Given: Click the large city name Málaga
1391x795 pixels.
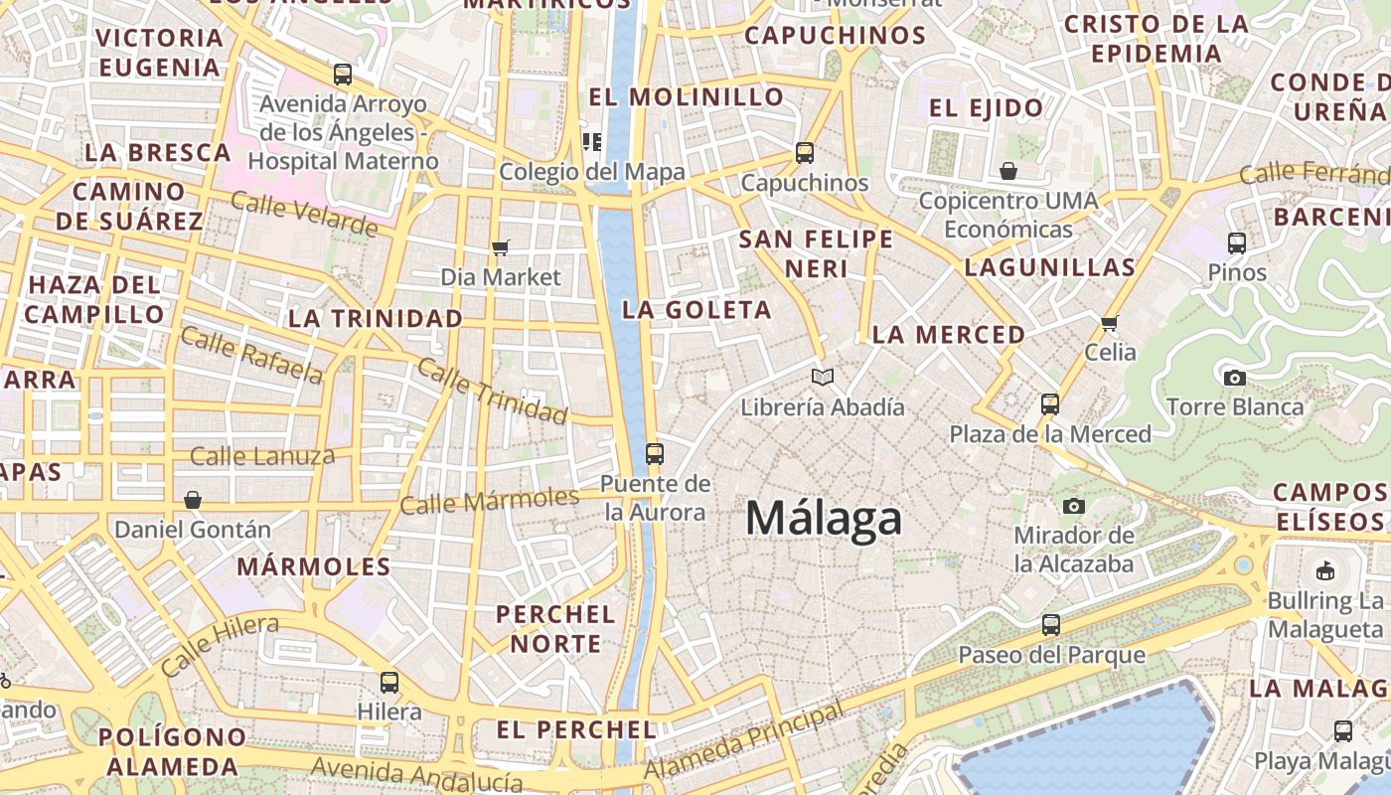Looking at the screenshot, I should pyautogui.click(x=824, y=519).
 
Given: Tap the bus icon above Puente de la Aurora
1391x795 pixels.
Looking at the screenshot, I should pyautogui.click(x=654, y=454).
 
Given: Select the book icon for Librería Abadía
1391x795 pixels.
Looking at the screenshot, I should pyautogui.click(x=822, y=378).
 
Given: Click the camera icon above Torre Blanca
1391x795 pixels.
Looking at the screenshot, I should pyautogui.click(x=1234, y=378).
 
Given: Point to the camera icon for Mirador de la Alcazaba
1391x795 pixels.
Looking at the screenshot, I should pyautogui.click(x=1073, y=507).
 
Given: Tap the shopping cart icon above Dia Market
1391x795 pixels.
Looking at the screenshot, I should pyautogui.click(x=500, y=247).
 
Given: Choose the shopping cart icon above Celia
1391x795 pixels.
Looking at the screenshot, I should pyautogui.click(x=1109, y=323).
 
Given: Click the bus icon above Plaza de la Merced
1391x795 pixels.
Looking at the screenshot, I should pyautogui.click(x=1050, y=404).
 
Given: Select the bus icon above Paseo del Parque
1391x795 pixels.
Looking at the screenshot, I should pyautogui.click(x=1050, y=625).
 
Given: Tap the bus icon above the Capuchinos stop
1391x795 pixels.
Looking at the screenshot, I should pyautogui.click(x=804, y=153).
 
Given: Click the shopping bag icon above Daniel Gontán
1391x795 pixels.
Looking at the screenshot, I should pyautogui.click(x=192, y=500).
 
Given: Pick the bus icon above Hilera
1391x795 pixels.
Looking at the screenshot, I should pyautogui.click(x=388, y=683).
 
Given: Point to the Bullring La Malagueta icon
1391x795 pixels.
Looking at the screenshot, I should pyautogui.click(x=1324, y=571).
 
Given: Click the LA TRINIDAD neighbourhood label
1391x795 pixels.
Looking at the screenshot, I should pyautogui.click(x=376, y=319).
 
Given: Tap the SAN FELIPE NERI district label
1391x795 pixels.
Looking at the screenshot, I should pyautogui.click(x=816, y=253).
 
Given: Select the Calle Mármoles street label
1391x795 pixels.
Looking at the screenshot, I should pyautogui.click(x=489, y=500).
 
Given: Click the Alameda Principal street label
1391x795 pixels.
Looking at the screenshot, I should pyautogui.click(x=743, y=740).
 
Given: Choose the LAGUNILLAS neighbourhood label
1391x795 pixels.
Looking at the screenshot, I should pyautogui.click(x=1049, y=267).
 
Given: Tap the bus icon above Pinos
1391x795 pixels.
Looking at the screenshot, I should pyautogui.click(x=1237, y=242).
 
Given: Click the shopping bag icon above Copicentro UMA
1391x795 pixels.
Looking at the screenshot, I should pyautogui.click(x=1008, y=171).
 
